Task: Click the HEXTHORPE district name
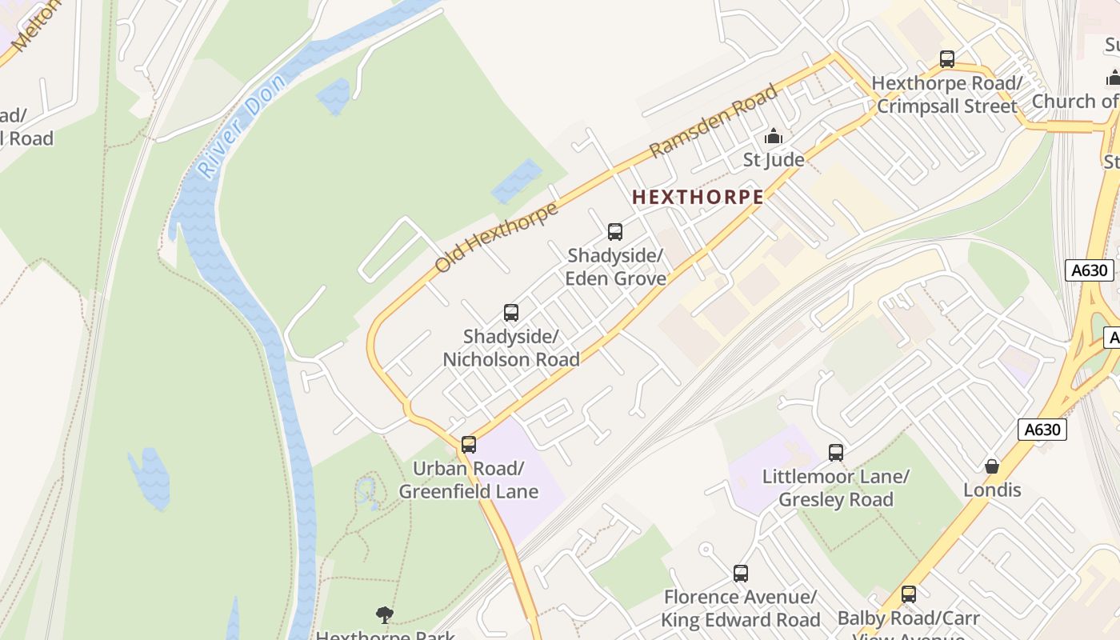pyautogui.click(x=698, y=197)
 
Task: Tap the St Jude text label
pyautogui.click(x=774, y=160)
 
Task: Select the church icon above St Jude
pyautogui.click(x=774, y=137)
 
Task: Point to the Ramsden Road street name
pyautogui.click(x=714, y=121)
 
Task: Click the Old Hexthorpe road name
pyautogui.click(x=496, y=238)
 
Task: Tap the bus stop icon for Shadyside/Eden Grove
pyautogui.click(x=615, y=232)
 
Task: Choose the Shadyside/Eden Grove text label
pyautogui.click(x=615, y=267)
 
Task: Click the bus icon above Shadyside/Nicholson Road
pyautogui.click(x=511, y=313)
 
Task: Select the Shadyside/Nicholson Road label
pyautogui.click(x=511, y=349)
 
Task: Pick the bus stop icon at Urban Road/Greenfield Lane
pyautogui.click(x=469, y=445)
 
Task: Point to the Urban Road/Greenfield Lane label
pyautogui.click(x=469, y=480)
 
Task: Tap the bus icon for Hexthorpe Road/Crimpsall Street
pyautogui.click(x=947, y=59)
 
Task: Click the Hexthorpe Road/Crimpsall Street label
pyautogui.click(x=947, y=94)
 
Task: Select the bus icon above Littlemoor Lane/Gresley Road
pyautogui.click(x=836, y=453)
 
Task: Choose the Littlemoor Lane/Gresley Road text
pyautogui.click(x=836, y=488)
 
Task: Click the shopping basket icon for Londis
pyautogui.click(x=992, y=466)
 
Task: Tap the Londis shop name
pyautogui.click(x=992, y=490)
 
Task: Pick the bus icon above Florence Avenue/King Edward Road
pyautogui.click(x=741, y=574)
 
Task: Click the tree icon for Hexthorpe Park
pyautogui.click(x=385, y=614)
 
